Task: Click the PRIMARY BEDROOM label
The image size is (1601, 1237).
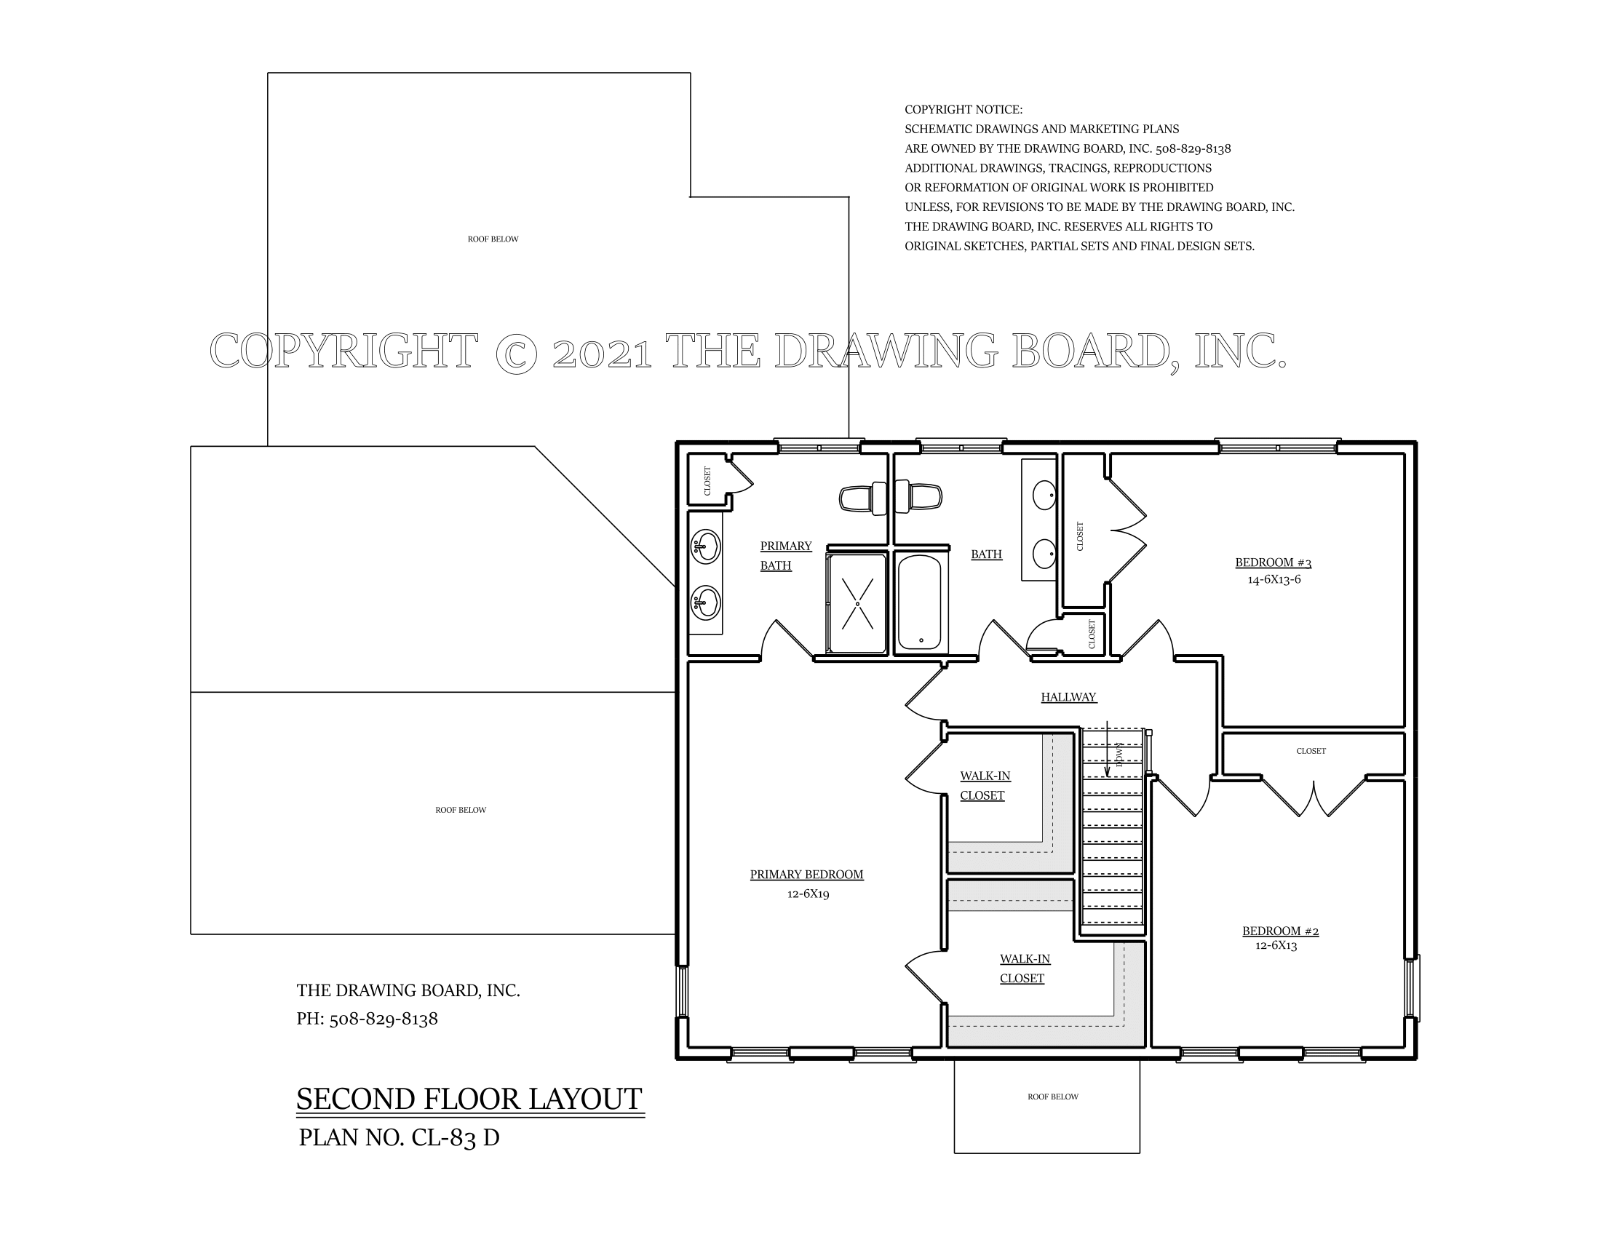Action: coord(806,874)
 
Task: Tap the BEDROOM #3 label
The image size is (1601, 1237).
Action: coord(1273,562)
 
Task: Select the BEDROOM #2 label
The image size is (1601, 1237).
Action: coord(1280,931)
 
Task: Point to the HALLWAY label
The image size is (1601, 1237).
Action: coord(1068,698)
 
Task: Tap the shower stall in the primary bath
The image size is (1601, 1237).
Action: coord(857,604)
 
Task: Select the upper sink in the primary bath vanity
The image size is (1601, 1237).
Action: coord(706,546)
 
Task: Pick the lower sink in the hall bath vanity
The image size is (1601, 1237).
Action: coord(1044,554)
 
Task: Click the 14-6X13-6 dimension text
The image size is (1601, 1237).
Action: coord(1274,580)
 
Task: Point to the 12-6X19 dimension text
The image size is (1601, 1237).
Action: coord(808,894)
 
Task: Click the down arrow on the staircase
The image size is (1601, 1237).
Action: coord(1107,755)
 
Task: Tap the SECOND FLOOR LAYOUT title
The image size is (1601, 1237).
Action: coord(469,1099)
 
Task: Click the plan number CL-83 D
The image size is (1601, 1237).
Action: coord(399,1138)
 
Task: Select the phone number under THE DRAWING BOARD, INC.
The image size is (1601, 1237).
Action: coord(368,1019)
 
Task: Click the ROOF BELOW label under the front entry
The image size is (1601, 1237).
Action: coord(1053,1097)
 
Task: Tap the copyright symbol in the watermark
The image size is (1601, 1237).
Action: coord(516,352)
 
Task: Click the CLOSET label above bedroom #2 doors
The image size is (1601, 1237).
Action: coord(1311,751)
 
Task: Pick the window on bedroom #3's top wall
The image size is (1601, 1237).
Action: coord(1277,447)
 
